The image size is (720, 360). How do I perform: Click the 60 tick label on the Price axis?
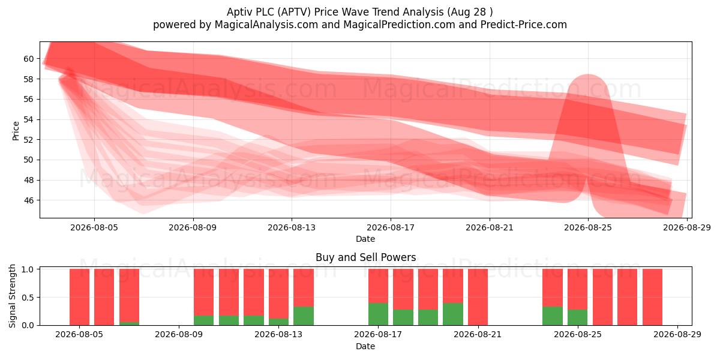[x=28, y=59]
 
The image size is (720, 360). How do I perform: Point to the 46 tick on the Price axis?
[x=28, y=200]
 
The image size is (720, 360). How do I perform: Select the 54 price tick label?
[x=28, y=119]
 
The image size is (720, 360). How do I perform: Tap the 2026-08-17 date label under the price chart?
[x=391, y=227]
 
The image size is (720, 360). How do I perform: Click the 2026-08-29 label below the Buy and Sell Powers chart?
[x=677, y=335]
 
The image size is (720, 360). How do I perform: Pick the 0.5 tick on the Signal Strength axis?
[x=28, y=298]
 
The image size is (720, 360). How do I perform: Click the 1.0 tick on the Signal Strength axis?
[x=28, y=269]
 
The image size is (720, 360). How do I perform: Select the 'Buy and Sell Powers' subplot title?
[x=366, y=257]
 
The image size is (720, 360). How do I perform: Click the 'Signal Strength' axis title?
[x=12, y=296]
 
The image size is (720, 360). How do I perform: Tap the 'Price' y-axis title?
[x=16, y=131]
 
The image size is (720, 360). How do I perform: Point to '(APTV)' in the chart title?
[x=295, y=12]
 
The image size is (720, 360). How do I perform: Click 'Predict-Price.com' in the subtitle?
[x=524, y=25]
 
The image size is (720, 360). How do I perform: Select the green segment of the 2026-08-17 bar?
[x=378, y=314]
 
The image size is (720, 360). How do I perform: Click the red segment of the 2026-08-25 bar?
[x=577, y=289]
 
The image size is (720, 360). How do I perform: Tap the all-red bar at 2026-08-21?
[x=478, y=297]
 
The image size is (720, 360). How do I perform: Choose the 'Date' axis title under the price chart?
[x=365, y=239]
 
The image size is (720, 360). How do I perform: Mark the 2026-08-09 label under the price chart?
[x=193, y=227]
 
